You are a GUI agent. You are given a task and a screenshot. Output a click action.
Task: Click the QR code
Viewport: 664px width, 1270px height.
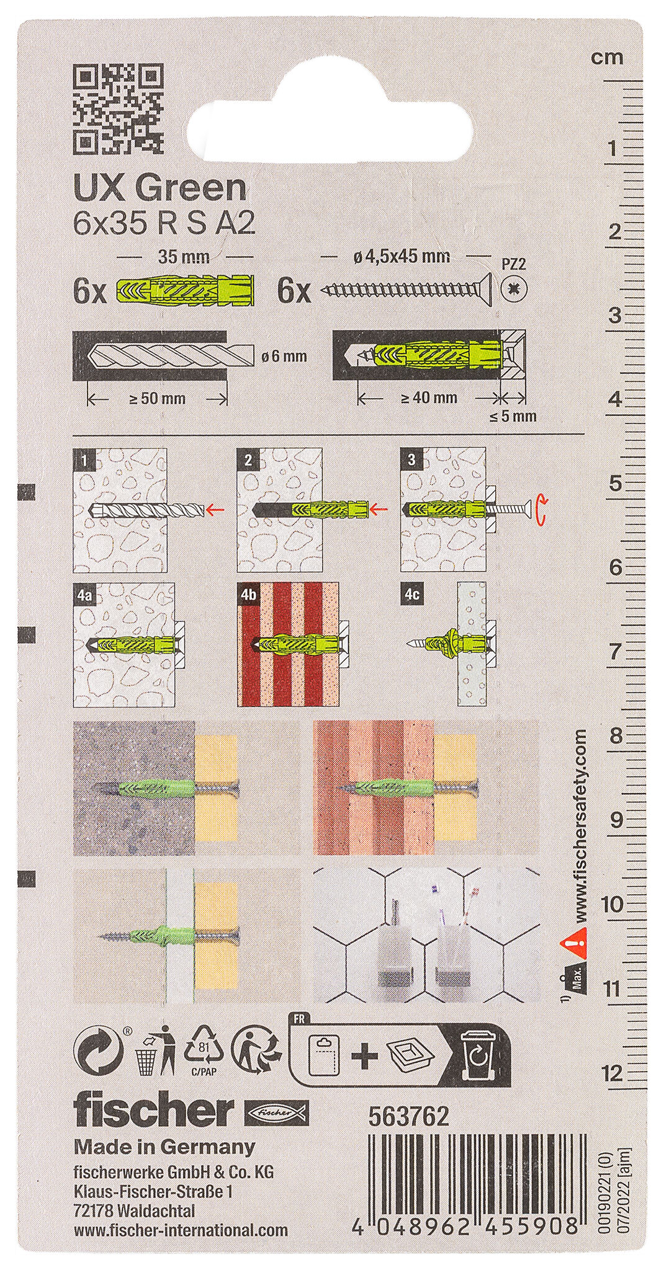(x=118, y=109)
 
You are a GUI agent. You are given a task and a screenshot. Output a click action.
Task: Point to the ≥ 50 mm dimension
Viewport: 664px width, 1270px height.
(x=158, y=398)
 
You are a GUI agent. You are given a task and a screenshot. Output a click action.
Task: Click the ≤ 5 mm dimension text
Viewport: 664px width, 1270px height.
(x=513, y=416)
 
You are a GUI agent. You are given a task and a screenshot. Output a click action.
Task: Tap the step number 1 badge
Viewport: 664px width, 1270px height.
(x=84, y=460)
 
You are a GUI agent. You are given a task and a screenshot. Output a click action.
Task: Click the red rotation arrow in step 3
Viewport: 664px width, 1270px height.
(x=541, y=507)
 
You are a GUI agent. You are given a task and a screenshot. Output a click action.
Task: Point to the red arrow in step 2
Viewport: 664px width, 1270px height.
(x=378, y=510)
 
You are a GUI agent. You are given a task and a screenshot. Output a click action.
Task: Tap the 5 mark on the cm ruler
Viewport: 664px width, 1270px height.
(x=615, y=482)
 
